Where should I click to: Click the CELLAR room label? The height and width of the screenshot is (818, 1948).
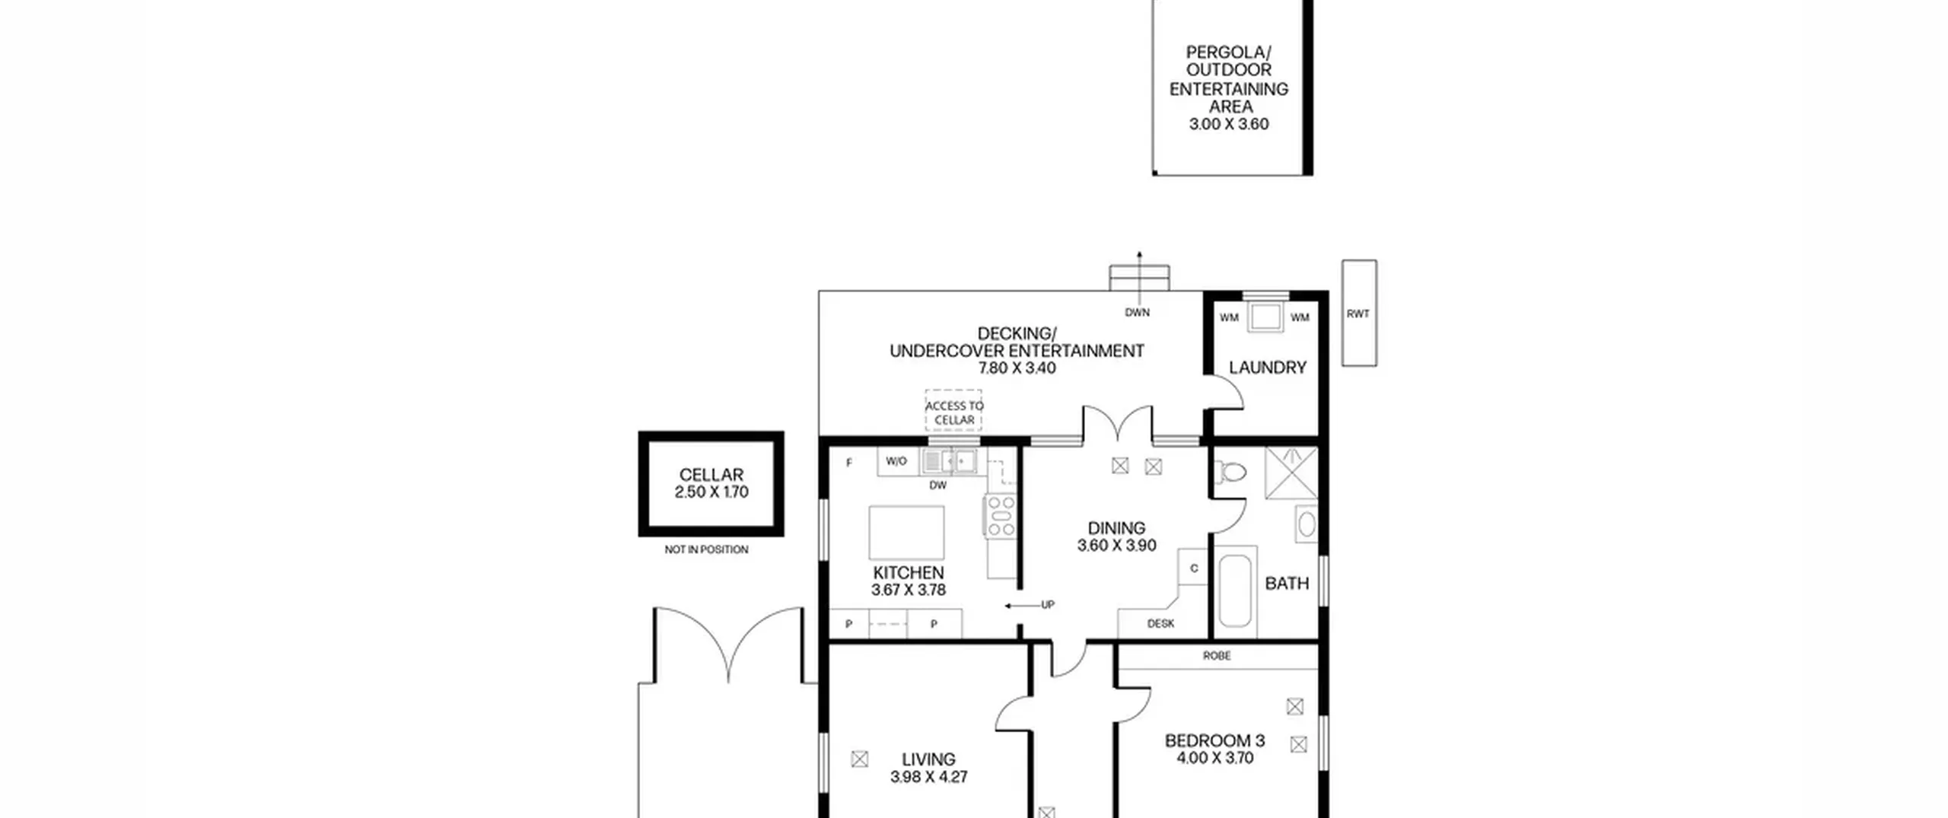click(x=711, y=474)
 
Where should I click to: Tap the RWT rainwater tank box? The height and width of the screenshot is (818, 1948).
click(x=1359, y=313)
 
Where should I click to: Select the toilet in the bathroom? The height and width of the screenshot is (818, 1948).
click(x=1230, y=473)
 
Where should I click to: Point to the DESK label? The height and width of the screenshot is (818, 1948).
click(x=1160, y=623)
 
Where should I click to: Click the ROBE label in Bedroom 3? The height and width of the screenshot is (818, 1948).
click(x=1217, y=655)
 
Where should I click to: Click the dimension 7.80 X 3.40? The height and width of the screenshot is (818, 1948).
click(x=1017, y=368)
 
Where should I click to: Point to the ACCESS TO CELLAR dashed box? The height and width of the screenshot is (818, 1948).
click(x=953, y=411)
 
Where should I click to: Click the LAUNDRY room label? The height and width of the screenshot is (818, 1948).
click(x=1267, y=368)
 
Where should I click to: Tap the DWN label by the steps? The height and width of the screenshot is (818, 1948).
click(x=1137, y=312)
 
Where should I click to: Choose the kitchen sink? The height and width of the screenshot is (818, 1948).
click(x=948, y=461)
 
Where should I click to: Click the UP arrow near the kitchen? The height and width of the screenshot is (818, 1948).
click(x=1023, y=606)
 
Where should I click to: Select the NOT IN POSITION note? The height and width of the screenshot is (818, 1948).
click(x=706, y=549)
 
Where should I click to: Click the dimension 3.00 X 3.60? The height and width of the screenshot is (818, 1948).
click(x=1229, y=124)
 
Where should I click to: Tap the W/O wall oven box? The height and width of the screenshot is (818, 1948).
click(x=897, y=461)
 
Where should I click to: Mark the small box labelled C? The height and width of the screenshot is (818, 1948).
click(x=1193, y=568)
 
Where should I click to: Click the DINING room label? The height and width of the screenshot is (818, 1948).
click(x=1116, y=528)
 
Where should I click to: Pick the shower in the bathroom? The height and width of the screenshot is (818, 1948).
click(x=1291, y=473)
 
